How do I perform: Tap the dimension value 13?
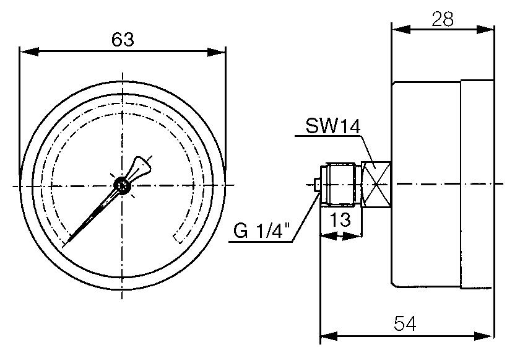[x=339, y=220]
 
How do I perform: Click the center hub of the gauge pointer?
[x=122, y=184]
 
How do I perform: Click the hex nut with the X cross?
[x=377, y=184]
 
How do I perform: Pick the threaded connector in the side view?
[x=340, y=184]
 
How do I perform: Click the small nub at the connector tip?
[x=317, y=184]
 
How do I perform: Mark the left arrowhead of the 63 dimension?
[x=25, y=51]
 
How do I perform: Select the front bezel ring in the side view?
[x=477, y=184]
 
